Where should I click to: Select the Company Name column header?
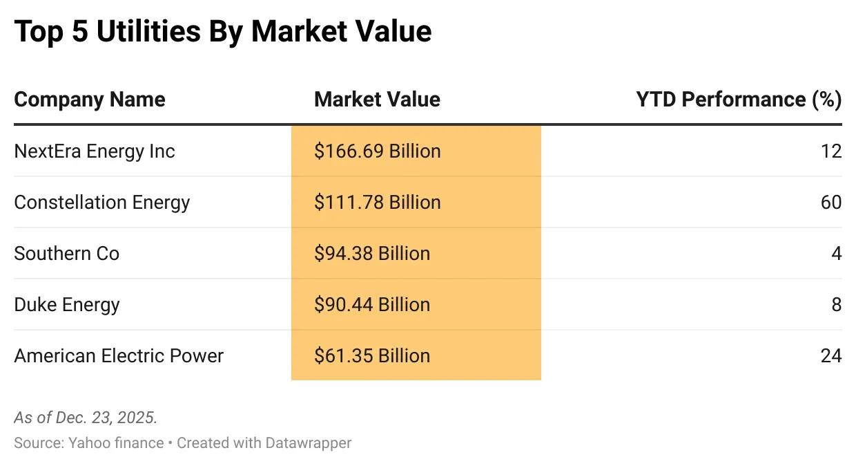click(90, 100)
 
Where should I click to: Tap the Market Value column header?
click(377, 100)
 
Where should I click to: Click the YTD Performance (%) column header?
click(738, 100)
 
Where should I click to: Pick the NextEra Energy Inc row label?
click(95, 151)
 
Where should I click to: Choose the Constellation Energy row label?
click(102, 203)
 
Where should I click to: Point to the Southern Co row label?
click(67, 254)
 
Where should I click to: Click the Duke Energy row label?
click(67, 305)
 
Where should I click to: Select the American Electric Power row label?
click(119, 356)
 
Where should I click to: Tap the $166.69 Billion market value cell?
click(377, 151)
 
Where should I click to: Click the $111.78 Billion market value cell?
click(377, 203)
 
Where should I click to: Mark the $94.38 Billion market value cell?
click(372, 254)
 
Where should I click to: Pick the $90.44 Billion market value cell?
click(372, 305)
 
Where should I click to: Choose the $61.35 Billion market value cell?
click(372, 356)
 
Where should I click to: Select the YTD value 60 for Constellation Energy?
click(831, 203)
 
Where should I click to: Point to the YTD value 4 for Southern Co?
click(836, 254)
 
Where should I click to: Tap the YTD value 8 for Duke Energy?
click(836, 305)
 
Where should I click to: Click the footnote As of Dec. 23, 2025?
click(86, 418)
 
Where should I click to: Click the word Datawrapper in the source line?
click(308, 443)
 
